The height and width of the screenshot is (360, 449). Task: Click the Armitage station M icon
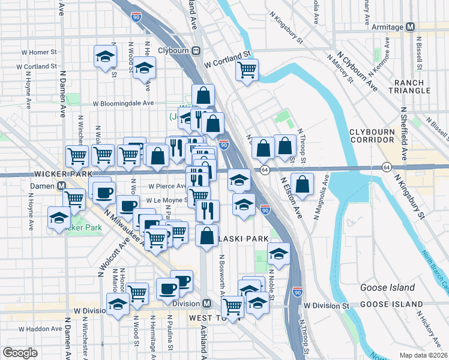[411, 27]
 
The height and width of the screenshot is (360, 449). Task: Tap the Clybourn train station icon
[196, 51]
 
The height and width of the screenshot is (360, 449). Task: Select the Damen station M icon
[62, 186]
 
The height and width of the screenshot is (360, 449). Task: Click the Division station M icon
[206, 304]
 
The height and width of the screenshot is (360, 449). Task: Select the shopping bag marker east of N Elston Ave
[303, 184]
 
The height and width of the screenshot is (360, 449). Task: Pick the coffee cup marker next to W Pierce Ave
[104, 193]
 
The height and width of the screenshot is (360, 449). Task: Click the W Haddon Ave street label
[41, 329]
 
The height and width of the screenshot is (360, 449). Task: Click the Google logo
[20, 352]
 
